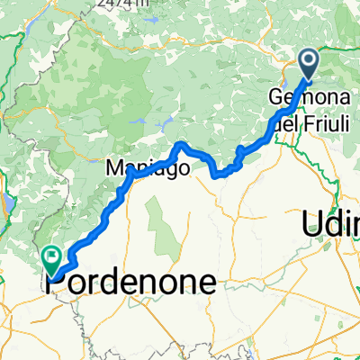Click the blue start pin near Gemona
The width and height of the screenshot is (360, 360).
tap(308, 61)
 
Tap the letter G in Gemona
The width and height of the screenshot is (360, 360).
tap(275, 97)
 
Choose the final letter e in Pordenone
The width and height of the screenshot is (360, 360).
tap(207, 284)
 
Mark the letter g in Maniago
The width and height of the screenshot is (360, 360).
tap(168, 170)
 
